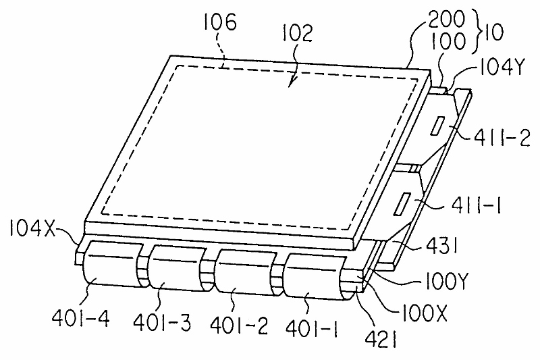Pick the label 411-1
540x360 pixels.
tap(471, 201)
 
